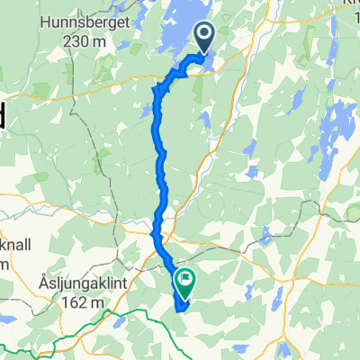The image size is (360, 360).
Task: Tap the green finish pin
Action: point(185,281)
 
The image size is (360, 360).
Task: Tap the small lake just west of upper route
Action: point(144,112)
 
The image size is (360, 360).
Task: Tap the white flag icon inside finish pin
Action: point(185,279)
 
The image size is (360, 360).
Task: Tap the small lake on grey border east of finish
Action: point(265,236)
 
